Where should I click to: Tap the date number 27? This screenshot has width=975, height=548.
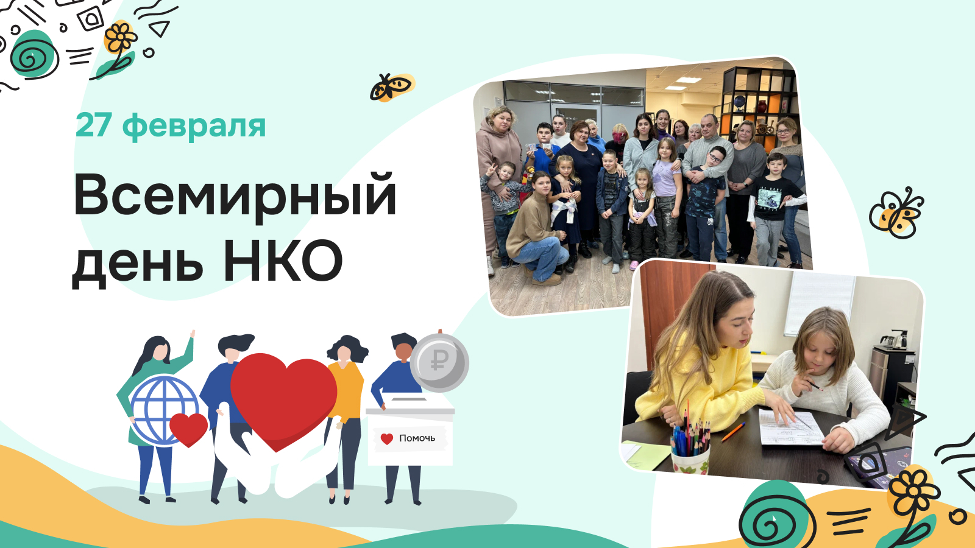pos(93,125)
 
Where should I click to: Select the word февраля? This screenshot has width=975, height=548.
pos(194,127)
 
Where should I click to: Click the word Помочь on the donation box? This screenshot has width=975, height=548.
pos(417,438)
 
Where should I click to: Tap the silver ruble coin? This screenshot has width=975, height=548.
pos(439,362)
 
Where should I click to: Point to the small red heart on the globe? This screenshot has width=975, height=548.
pos(188,429)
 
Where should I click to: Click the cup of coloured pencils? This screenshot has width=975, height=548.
pos(690,446)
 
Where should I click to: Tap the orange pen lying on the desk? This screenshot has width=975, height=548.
pos(733,432)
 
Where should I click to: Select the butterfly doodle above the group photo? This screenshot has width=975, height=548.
pos(392,87)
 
